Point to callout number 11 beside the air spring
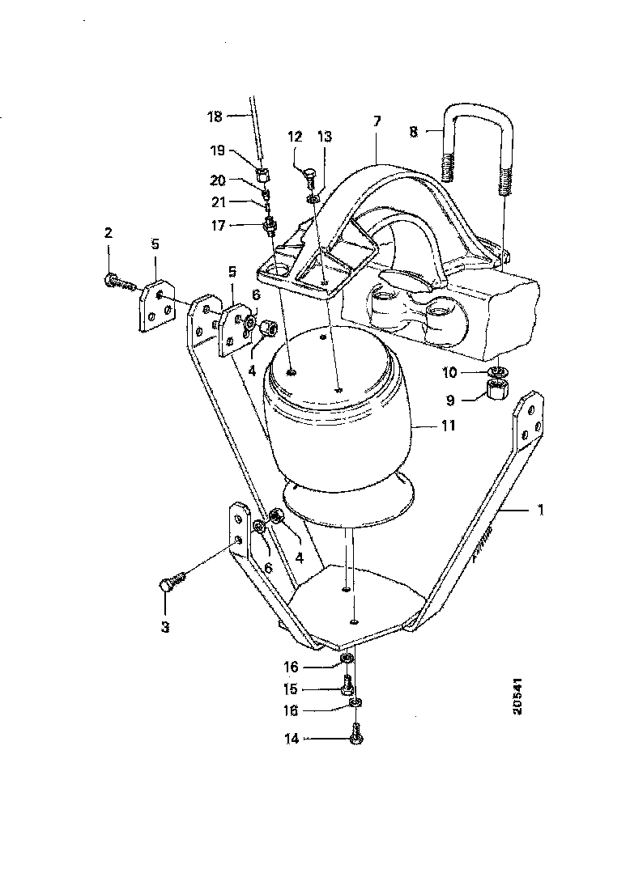(447, 424)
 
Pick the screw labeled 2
(118, 282)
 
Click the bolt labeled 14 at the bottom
(355, 737)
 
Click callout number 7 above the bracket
(377, 121)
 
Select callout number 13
(324, 137)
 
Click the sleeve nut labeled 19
(262, 173)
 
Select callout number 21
(219, 201)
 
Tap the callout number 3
(164, 626)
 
